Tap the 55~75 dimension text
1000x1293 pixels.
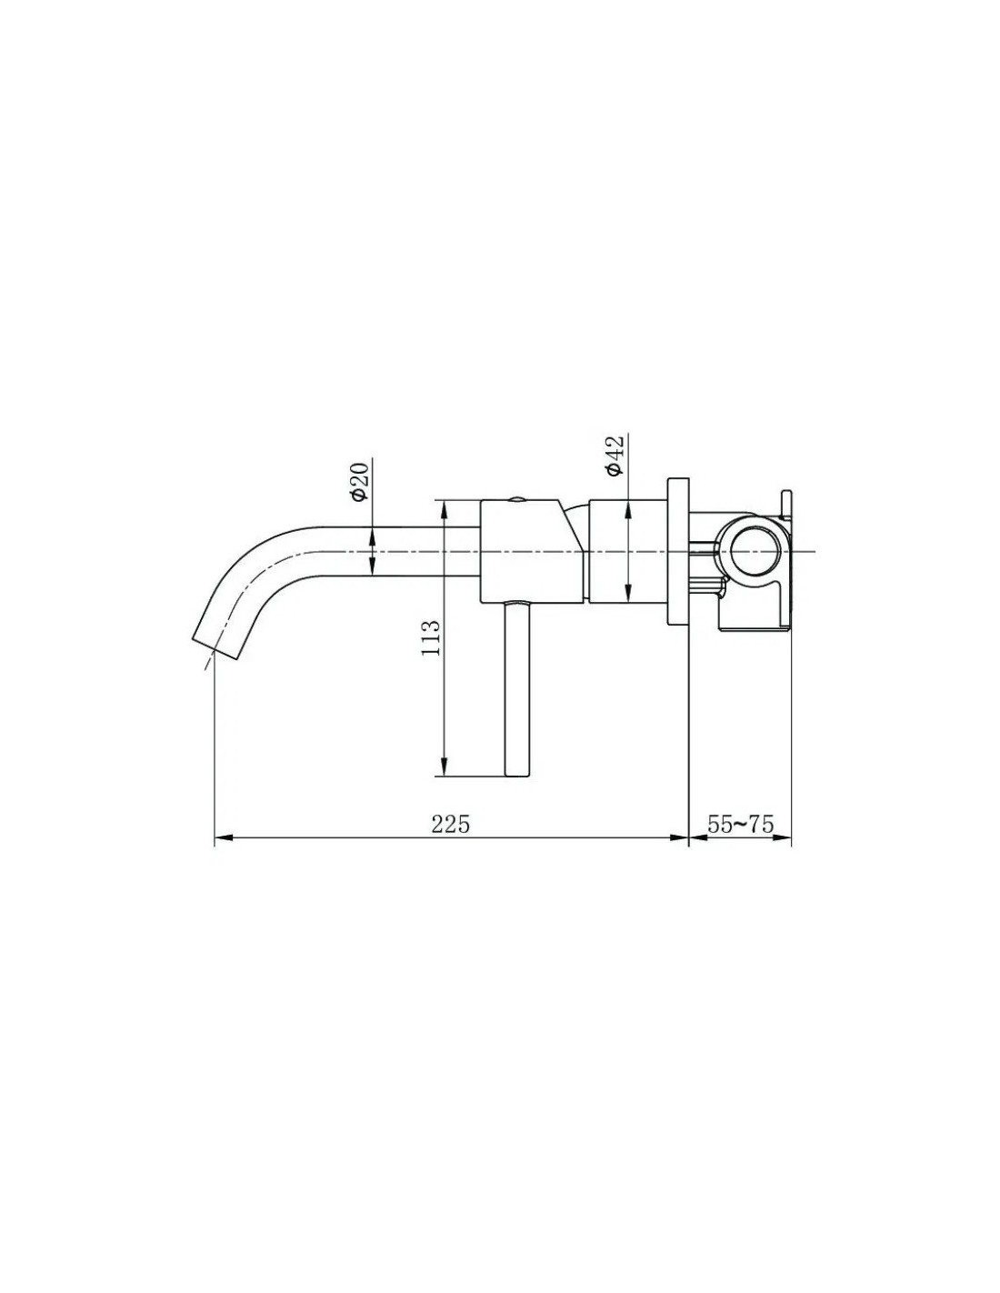pos(740,824)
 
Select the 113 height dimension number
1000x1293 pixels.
pos(430,638)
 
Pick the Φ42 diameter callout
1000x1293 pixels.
pos(615,456)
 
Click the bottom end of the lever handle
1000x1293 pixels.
pos(516,776)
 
